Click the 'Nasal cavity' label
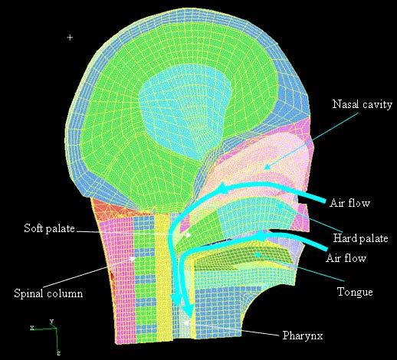click(x=363, y=104)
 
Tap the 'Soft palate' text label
click(x=49, y=228)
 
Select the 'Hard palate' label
click(x=360, y=238)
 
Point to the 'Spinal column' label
click(x=48, y=293)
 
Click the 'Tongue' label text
click(x=355, y=292)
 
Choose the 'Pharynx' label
click(x=303, y=335)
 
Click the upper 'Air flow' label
click(x=349, y=203)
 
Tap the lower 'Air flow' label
click(x=346, y=258)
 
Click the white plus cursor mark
click(x=70, y=38)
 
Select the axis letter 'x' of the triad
click(x=32, y=327)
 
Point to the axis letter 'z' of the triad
click(x=58, y=353)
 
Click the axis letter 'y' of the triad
click(x=51, y=321)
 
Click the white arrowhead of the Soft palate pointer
click(x=190, y=234)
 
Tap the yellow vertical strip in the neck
click(x=163, y=277)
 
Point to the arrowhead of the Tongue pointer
click(x=255, y=254)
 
